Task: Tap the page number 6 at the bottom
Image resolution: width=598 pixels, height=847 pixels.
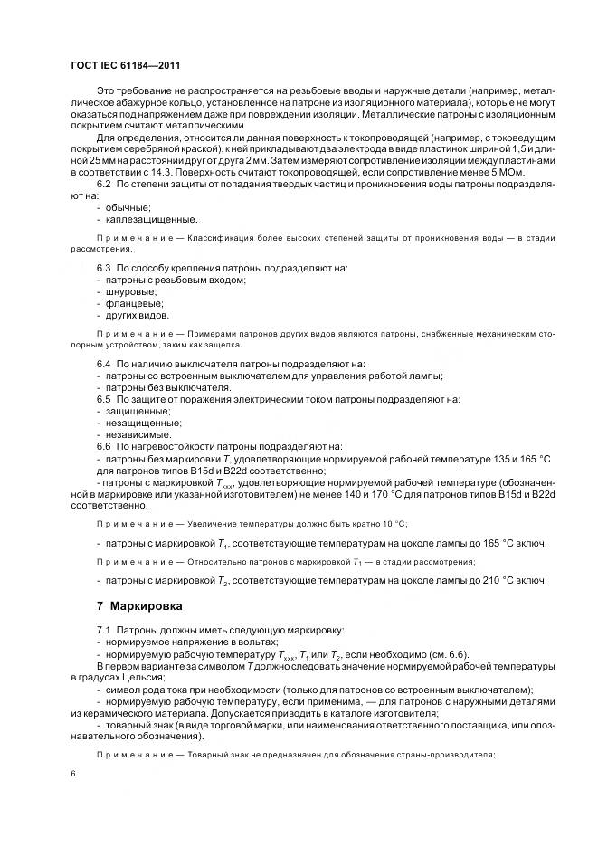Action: click(x=72, y=774)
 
